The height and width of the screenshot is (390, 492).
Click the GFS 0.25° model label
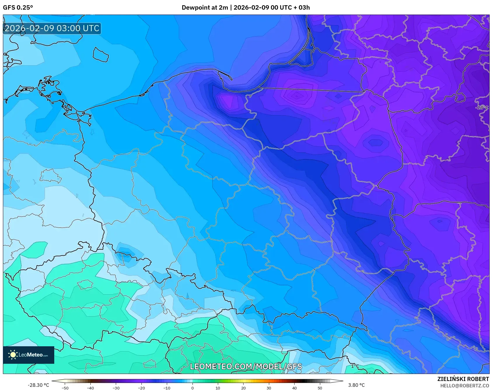pyautogui.click(x=18, y=8)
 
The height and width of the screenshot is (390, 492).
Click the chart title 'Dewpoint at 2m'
pyautogui.click(x=205, y=8)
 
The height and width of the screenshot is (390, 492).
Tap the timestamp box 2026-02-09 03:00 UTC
pyautogui.click(x=52, y=28)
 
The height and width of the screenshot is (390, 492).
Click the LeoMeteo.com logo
pyautogui.click(x=29, y=355)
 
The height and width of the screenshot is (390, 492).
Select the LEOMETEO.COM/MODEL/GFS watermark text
pyautogui.click(x=246, y=366)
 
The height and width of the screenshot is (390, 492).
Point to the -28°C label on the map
pyautogui.click(x=482, y=108)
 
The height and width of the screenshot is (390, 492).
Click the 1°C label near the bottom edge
pyautogui.click(x=355, y=366)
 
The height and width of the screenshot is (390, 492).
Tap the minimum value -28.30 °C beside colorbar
pyautogui.click(x=38, y=385)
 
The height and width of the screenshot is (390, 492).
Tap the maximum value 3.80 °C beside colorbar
pyautogui.click(x=356, y=385)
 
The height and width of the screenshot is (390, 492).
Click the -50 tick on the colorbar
pyautogui.click(x=65, y=388)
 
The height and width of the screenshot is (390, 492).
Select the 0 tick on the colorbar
pyautogui.click(x=192, y=388)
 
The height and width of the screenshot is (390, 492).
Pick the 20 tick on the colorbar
pyautogui.click(x=243, y=388)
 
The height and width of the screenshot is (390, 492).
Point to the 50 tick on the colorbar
pyautogui.click(x=320, y=388)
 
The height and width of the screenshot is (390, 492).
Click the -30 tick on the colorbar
pyautogui.click(x=116, y=388)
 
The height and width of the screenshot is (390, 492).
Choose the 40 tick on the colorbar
pyautogui.click(x=294, y=388)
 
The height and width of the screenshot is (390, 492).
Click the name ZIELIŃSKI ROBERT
pyautogui.click(x=463, y=379)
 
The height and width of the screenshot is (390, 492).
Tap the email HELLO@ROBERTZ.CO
pyautogui.click(x=464, y=386)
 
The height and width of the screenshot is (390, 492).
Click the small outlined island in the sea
pyautogui.click(x=101, y=55)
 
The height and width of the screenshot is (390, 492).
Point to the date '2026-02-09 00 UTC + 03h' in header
pyautogui.click(x=272, y=8)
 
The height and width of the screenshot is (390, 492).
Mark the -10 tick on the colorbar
pyautogui.click(x=167, y=388)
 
